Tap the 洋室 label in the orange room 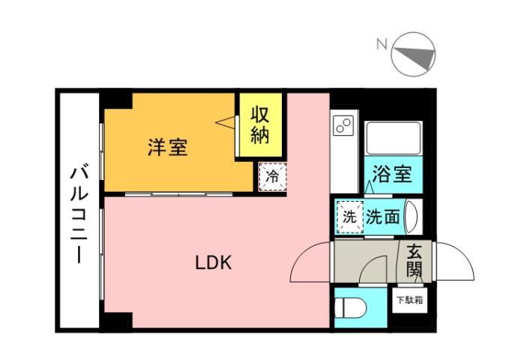pyautogui.click(x=166, y=147)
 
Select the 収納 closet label pyautogui.click(x=259, y=126)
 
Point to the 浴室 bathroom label pyautogui.click(x=391, y=175)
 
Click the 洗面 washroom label pyautogui.click(x=382, y=217)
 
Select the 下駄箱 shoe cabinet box pyautogui.click(x=409, y=301)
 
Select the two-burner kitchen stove pyautogui.click(x=343, y=124)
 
